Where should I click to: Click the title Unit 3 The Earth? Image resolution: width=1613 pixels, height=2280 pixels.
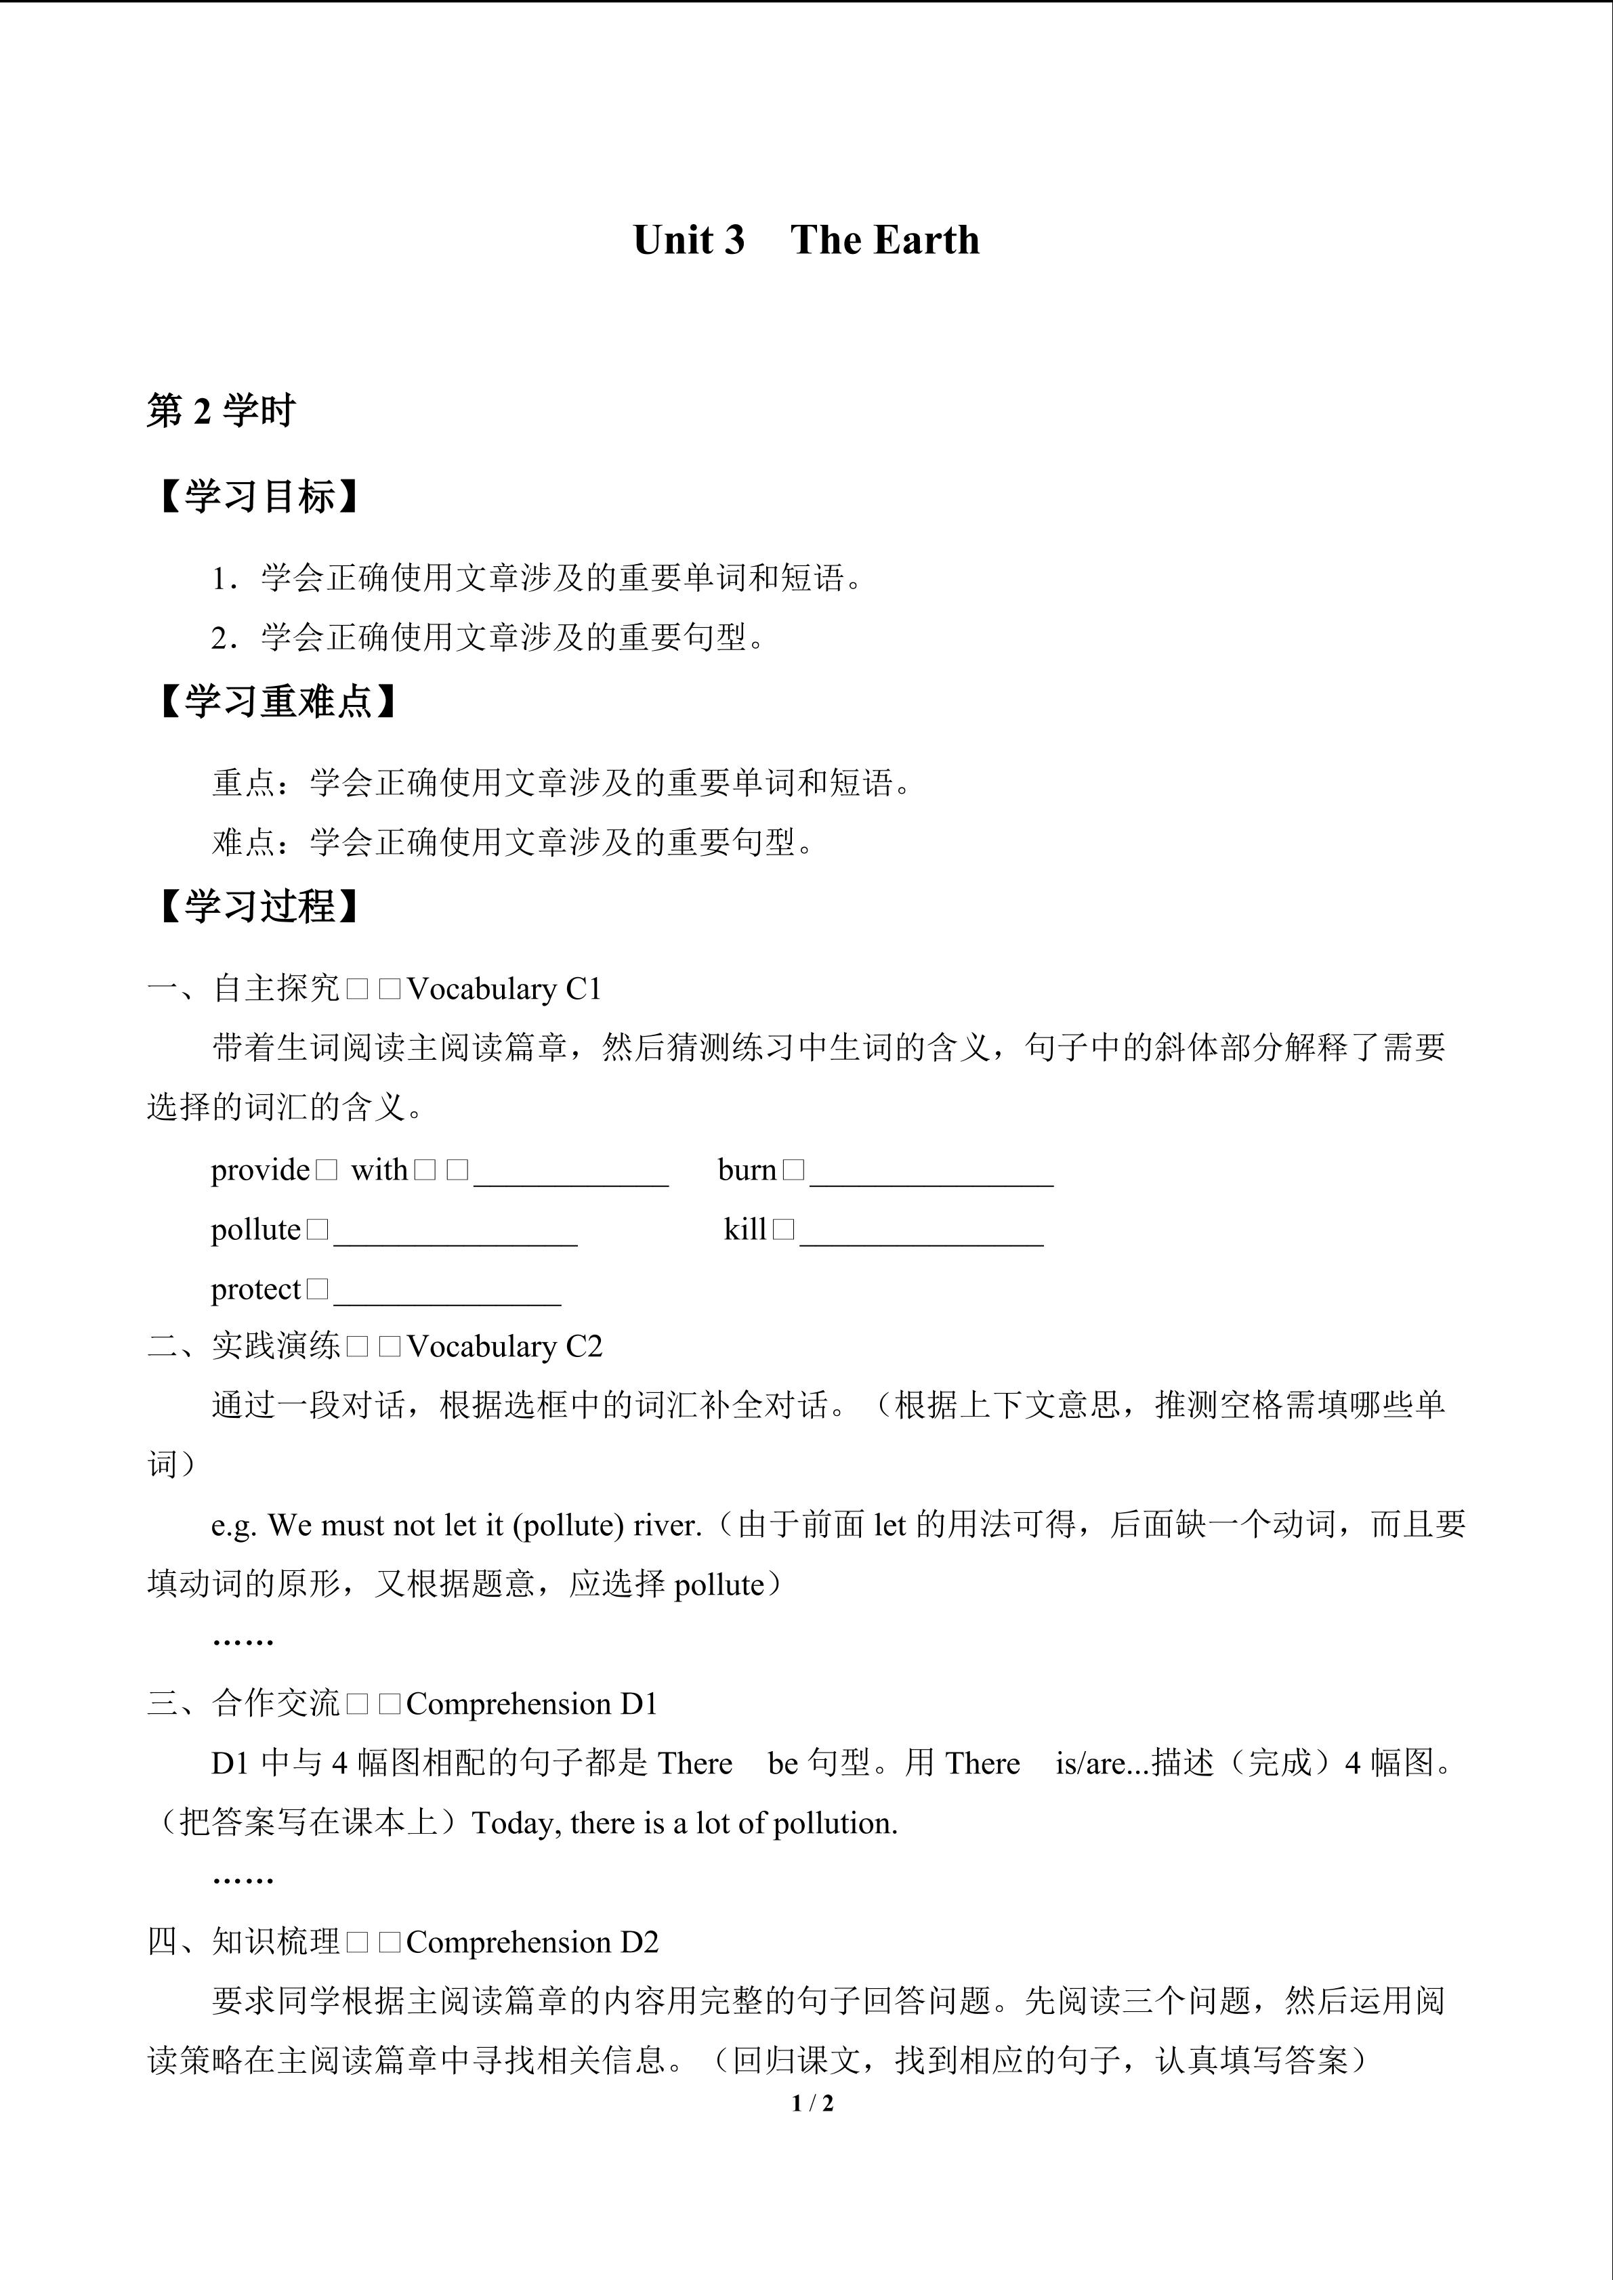click(x=805, y=240)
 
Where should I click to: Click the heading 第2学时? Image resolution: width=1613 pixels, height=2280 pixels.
click(x=220, y=410)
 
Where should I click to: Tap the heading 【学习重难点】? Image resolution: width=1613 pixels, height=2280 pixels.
click(x=277, y=701)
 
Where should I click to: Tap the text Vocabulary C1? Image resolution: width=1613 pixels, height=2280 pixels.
click(x=505, y=989)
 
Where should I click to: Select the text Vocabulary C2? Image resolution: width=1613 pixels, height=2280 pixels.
click(x=505, y=1347)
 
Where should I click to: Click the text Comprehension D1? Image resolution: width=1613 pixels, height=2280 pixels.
click(x=532, y=1704)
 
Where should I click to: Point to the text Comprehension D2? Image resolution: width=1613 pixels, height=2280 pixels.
click(x=532, y=1942)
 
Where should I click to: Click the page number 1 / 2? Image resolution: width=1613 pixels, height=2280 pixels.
click(x=812, y=2103)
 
